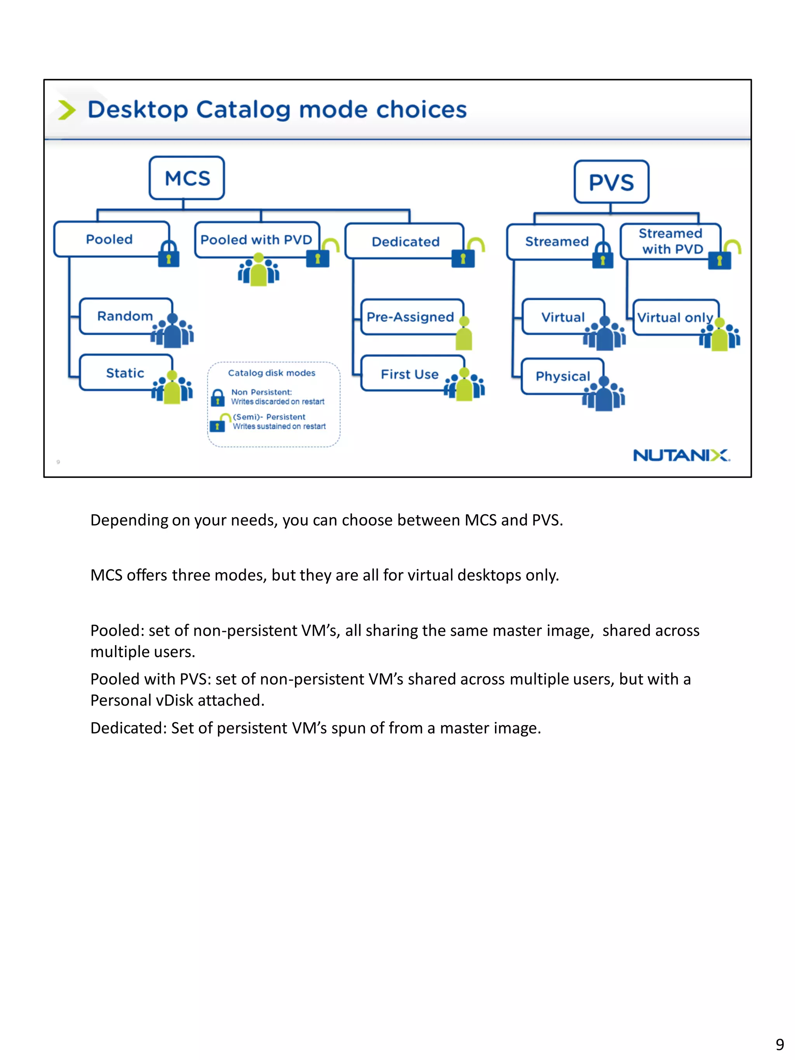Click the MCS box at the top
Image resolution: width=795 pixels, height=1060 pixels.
pyautogui.click(x=186, y=178)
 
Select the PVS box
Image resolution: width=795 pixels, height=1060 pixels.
pyautogui.click(x=611, y=182)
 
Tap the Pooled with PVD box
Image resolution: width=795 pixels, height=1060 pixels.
pyautogui.click(x=256, y=239)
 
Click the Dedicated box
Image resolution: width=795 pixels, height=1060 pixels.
pyautogui.click(x=405, y=241)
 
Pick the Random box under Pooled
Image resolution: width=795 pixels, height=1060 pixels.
pyautogui.click(x=125, y=316)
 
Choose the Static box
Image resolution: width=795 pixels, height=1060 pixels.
pyautogui.click(x=125, y=372)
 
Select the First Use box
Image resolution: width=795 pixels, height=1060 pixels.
pyautogui.click(x=410, y=374)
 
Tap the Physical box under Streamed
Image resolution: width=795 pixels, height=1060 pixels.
pyautogui.click(x=562, y=376)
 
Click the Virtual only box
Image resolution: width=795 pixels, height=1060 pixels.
pyautogui.click(x=674, y=317)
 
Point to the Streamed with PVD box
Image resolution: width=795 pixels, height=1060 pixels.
pyautogui.click(x=670, y=241)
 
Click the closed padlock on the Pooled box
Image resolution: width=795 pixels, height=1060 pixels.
pyautogui.click(x=169, y=254)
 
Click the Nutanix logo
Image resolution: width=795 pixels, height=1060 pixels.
pyautogui.click(x=681, y=455)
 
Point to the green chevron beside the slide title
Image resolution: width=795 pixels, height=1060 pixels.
pyautogui.click(x=67, y=110)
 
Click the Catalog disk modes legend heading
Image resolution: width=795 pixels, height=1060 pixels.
pyautogui.click(x=271, y=373)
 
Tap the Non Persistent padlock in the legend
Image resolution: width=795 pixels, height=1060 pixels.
pyautogui.click(x=217, y=397)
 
